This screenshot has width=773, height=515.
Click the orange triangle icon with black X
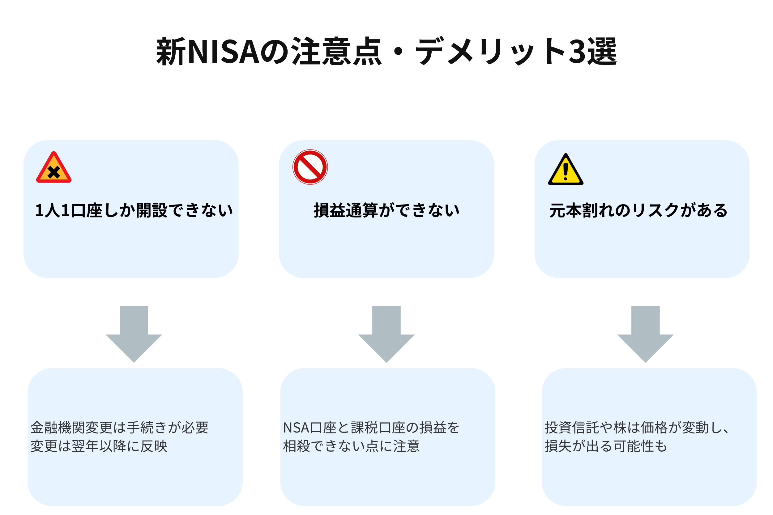(x=54, y=168)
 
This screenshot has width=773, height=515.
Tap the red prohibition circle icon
(x=310, y=167)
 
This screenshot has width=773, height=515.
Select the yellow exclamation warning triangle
(x=566, y=170)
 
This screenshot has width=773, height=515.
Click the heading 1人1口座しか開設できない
(x=134, y=210)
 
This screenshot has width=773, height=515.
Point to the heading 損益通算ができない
(x=386, y=210)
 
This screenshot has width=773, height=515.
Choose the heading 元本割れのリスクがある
(x=638, y=210)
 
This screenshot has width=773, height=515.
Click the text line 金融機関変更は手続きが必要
(x=120, y=428)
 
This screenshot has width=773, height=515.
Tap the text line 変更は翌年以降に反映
(x=99, y=446)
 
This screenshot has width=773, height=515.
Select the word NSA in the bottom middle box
(x=296, y=428)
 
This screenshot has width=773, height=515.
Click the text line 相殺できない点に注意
(x=351, y=446)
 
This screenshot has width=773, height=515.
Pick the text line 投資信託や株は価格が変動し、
(x=637, y=428)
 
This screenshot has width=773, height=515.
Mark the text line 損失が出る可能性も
(x=606, y=446)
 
